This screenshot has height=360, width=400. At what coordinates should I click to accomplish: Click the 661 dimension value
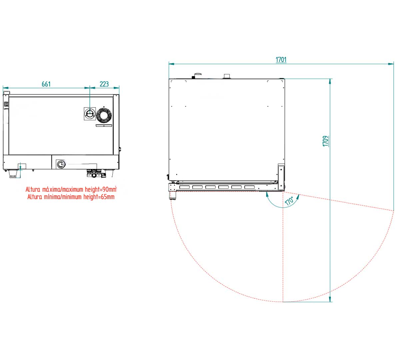(46, 84)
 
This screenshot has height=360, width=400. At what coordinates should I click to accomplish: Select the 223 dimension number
(104, 84)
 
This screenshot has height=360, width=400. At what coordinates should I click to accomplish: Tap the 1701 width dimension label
(281, 60)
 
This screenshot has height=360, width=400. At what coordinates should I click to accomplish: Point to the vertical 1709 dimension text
(325, 141)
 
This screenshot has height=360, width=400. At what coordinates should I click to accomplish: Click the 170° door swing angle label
(289, 201)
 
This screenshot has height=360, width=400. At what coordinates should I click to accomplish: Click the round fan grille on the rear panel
(104, 115)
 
